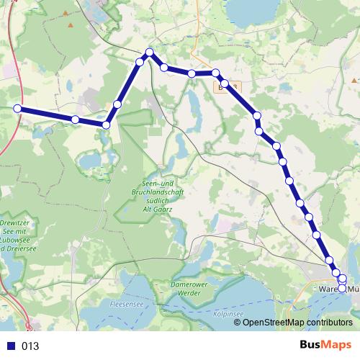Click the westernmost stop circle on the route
[17, 109]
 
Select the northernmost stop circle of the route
[150, 52]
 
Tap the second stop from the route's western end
[75, 119]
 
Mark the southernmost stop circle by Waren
[342, 287]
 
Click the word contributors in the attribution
[329, 323]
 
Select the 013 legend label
[31, 346]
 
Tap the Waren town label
[328, 289]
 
